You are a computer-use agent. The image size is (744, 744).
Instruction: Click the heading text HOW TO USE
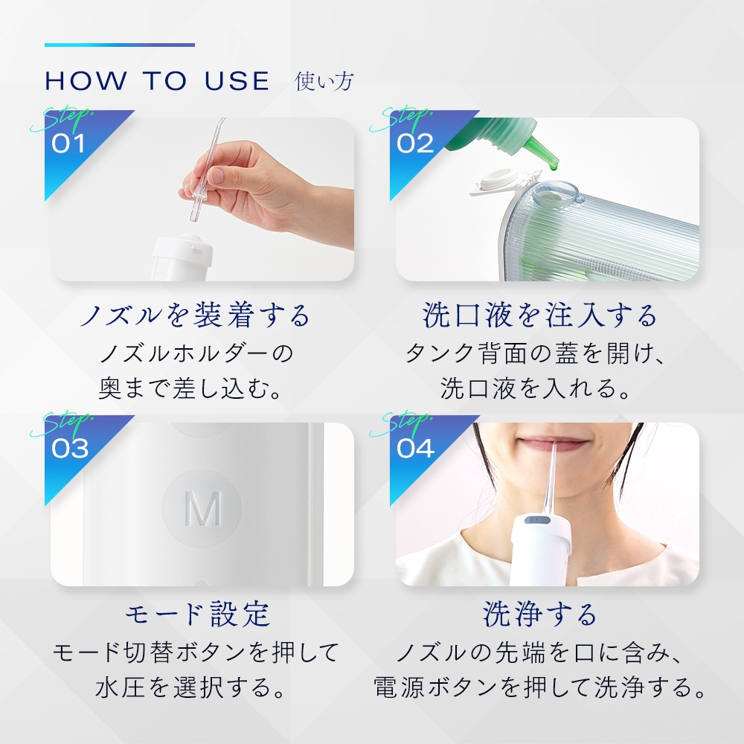click(157, 81)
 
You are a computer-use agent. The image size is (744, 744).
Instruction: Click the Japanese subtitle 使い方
click(324, 81)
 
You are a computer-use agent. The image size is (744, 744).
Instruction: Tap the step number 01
click(68, 144)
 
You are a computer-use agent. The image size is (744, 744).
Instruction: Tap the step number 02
click(415, 144)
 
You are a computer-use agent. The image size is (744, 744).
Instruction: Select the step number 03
click(70, 449)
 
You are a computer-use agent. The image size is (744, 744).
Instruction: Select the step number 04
click(415, 449)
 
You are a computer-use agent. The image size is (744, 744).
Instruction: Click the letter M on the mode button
click(202, 508)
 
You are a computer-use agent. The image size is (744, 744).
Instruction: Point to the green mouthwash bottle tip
click(545, 153)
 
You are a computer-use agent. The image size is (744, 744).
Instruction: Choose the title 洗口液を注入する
click(539, 315)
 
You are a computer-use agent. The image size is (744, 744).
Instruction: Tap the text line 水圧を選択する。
click(190, 687)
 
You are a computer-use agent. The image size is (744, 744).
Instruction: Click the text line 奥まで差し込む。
click(190, 388)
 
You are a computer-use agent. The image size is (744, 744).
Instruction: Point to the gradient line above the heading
click(120, 45)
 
